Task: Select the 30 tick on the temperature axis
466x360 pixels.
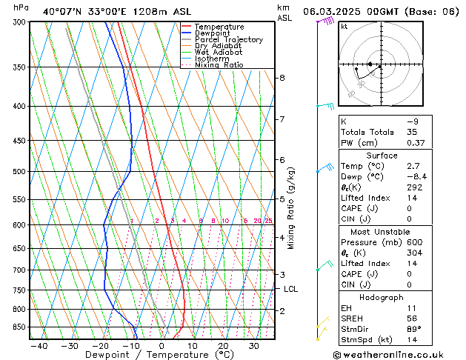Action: click(253, 346)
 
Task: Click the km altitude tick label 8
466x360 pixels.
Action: click(282, 78)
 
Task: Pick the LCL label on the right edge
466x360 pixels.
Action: click(290, 290)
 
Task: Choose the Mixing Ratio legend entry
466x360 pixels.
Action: click(219, 65)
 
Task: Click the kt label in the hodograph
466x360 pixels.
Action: click(344, 27)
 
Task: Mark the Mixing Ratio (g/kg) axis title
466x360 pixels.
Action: click(291, 208)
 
